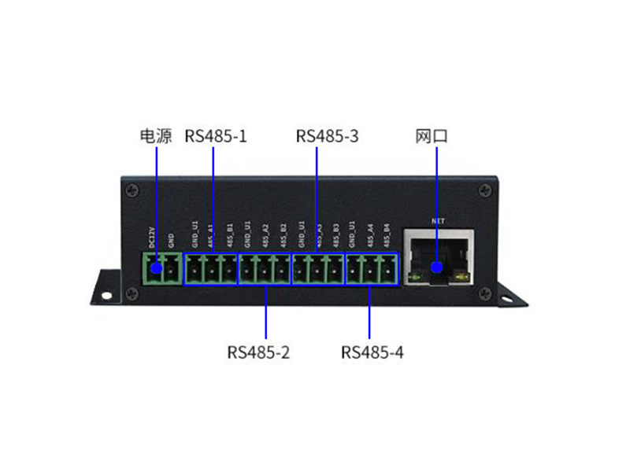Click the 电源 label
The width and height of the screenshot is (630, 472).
(x=155, y=136)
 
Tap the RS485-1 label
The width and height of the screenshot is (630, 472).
(x=216, y=136)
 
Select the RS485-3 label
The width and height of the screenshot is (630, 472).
(x=327, y=136)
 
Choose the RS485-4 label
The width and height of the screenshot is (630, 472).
(x=372, y=352)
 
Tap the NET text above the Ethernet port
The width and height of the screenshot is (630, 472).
(x=439, y=222)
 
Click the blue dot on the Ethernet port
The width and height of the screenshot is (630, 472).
(x=437, y=269)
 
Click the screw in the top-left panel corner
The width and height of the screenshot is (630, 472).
(x=132, y=189)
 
